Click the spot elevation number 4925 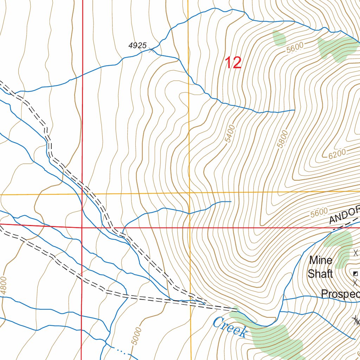coord(137,45)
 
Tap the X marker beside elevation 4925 coord(152,51)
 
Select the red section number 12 coord(233,63)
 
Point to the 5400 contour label coord(230,134)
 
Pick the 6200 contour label coord(337,153)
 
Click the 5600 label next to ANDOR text coord(319,212)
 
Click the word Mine coord(321,261)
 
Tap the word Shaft coord(320,274)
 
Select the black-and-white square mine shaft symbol coord(356,274)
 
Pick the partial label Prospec coord(340,294)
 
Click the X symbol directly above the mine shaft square coord(355,252)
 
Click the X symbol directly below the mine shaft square coord(355,282)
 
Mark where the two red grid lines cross coord(82,227)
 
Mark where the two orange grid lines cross coord(189,193)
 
